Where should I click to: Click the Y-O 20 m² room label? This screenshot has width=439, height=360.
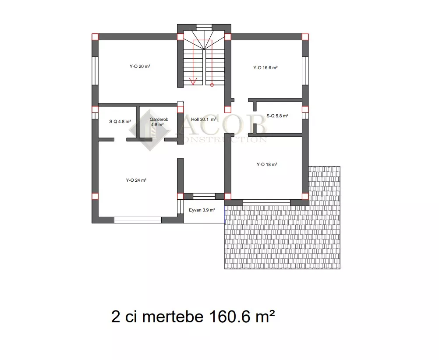tap(140, 66)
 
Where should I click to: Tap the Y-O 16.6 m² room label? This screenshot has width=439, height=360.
tap(266, 67)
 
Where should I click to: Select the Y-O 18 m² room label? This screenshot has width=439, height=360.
tap(267, 164)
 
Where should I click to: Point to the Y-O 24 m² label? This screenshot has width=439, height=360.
tap(136, 180)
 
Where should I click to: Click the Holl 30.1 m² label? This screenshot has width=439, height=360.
tap(204, 119)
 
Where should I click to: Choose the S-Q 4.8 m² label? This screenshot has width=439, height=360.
tap(120, 121)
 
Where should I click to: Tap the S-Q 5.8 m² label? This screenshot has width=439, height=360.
tap(277, 116)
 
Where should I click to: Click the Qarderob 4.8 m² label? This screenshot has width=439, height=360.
tap(159, 122)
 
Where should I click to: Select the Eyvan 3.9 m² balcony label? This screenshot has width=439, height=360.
tap(202, 210)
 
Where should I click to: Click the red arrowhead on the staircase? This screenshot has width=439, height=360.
tap(193, 81)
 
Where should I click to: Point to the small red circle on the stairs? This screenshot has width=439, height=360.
tap(212, 85)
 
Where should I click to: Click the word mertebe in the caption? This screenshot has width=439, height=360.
tap(173, 317)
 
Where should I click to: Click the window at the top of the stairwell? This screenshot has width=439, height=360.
tap(204, 27)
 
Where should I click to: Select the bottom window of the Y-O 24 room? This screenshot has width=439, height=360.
tap(138, 220)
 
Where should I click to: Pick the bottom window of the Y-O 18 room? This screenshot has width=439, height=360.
tap(266, 203)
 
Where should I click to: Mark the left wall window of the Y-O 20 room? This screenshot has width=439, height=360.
tap(95, 71)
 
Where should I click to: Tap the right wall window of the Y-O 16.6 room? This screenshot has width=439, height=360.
tap(305, 71)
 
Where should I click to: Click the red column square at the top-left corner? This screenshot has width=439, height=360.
tap(95, 37)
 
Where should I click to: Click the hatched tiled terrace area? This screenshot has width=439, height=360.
tap(282, 238)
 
